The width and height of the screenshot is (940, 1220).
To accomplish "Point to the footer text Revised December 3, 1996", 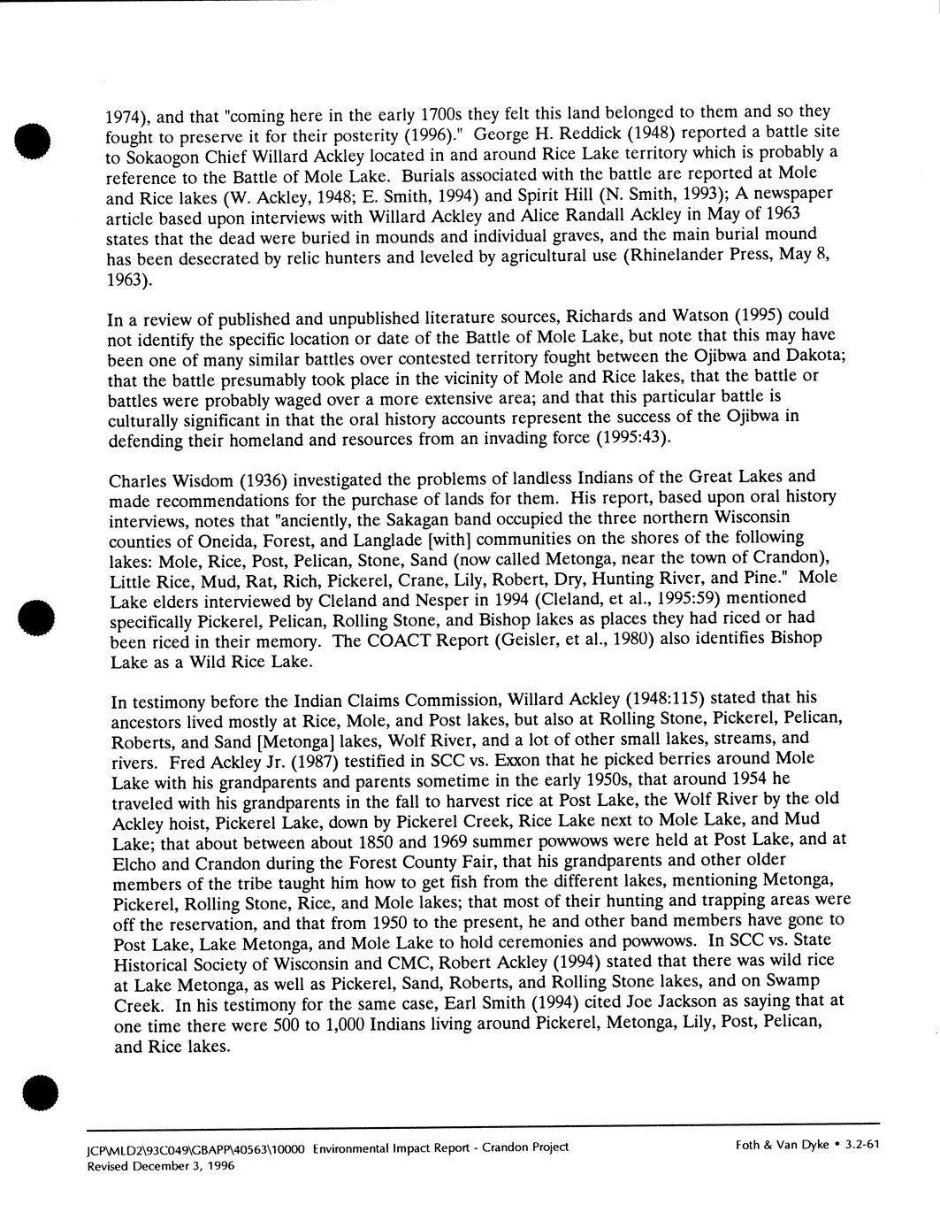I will pos(160,1165).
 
